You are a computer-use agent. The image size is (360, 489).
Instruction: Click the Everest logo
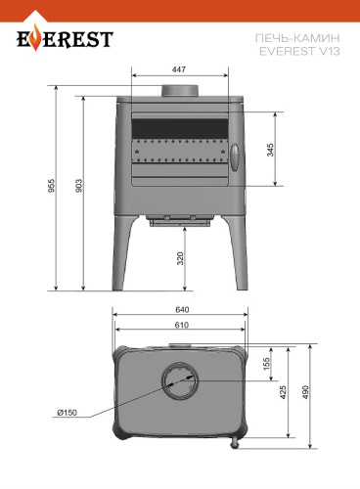point(65,40)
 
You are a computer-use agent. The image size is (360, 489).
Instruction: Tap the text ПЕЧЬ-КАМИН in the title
point(297,38)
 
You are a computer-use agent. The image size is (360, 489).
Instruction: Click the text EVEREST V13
point(299,51)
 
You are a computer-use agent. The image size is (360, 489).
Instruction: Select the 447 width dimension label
point(179,69)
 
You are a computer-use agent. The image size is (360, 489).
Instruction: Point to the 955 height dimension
point(52,185)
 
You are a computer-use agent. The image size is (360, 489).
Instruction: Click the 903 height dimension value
point(79,185)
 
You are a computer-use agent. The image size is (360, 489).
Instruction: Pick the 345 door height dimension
point(270,150)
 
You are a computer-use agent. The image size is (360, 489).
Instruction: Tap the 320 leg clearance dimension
point(180,258)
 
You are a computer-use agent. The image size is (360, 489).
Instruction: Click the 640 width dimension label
point(182,309)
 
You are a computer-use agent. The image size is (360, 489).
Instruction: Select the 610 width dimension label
point(182,325)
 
